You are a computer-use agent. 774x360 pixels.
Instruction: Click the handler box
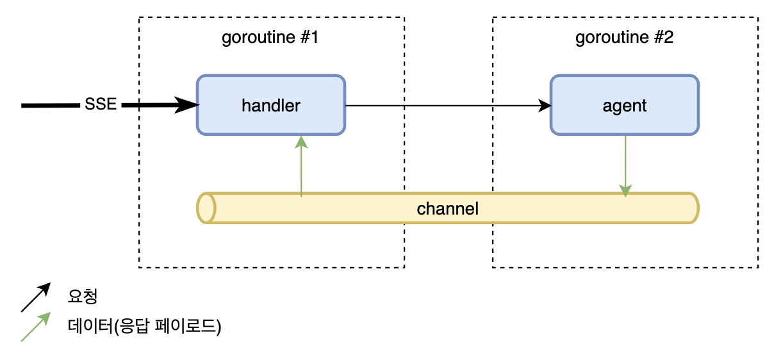[271, 105]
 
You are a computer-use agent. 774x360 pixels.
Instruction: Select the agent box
[625, 105]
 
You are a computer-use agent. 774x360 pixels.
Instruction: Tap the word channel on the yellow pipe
[447, 209]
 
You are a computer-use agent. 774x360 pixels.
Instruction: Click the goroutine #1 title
[270, 37]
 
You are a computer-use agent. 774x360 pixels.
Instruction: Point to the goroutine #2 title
[624, 37]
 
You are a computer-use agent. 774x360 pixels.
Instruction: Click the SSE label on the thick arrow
[101, 104]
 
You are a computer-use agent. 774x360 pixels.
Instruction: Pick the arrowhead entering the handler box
[186, 105]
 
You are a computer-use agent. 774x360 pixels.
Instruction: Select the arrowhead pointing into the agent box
[545, 106]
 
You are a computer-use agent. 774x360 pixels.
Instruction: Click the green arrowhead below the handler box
[301, 142]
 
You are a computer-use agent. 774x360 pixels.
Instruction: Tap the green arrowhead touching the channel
[625, 190]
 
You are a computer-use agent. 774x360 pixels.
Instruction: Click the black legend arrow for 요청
[36, 297]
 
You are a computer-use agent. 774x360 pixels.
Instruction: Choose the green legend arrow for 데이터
[36, 327]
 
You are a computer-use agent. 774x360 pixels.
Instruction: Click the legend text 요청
[82, 297]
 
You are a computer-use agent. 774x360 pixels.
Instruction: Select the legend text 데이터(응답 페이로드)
[144, 326]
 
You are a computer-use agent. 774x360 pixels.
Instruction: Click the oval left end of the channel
[206, 208]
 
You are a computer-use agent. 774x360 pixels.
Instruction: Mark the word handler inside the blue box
[271, 106]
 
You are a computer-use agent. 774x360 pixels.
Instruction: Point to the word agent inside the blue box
[625, 106]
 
